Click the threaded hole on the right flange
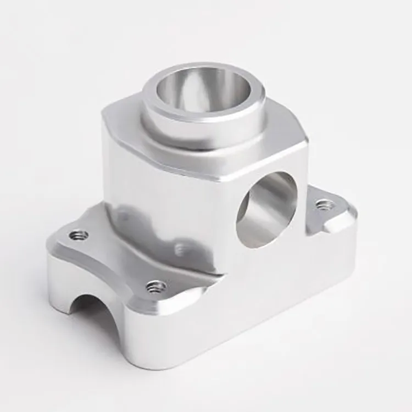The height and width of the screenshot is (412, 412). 324,205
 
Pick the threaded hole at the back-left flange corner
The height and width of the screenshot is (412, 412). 79,236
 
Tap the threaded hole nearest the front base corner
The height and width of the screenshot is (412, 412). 156,286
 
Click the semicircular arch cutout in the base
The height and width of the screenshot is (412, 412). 88,313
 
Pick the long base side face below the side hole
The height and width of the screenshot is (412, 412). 247,313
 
